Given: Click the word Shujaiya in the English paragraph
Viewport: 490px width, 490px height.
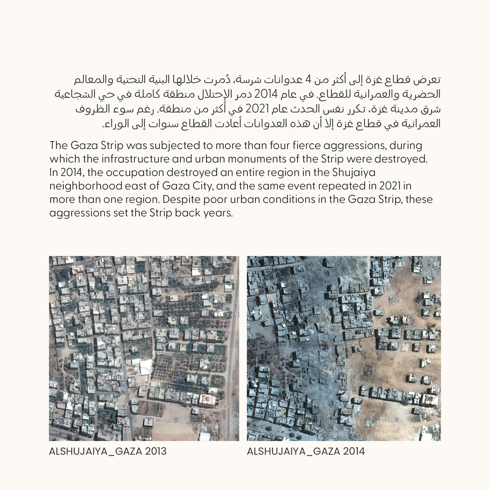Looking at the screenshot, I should coord(354,173).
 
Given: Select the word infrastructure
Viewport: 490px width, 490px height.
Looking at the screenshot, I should coord(135,159).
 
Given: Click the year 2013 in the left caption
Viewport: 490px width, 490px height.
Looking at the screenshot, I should coord(156,451).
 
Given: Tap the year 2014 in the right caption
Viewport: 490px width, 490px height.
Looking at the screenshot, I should coord(354,451).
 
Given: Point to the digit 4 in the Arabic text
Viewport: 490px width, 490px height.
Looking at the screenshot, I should coord(309,80).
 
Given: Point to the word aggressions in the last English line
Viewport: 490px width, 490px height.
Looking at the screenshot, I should coord(80,213).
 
